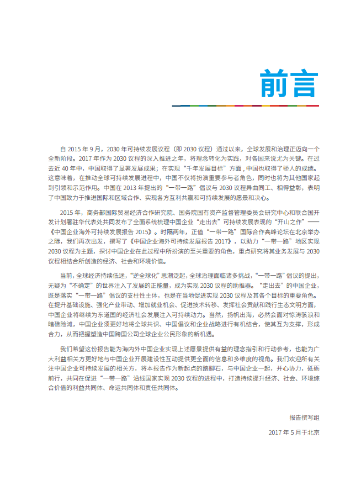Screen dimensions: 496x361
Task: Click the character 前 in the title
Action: pos(274,83)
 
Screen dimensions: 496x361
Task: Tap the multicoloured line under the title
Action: pos(245,105)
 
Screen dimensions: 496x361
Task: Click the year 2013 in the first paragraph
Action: pos(135,187)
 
